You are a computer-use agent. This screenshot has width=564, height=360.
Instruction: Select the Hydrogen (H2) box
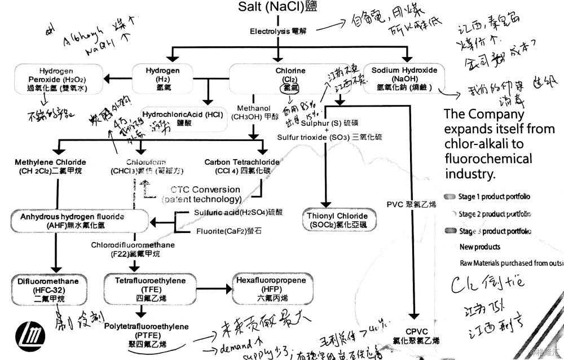coord(163,80)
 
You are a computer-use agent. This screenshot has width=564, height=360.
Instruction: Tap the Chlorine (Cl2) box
coord(290,80)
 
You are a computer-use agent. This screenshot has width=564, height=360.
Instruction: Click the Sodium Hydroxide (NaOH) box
coord(405,80)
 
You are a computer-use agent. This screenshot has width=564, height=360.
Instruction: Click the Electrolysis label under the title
coord(277,31)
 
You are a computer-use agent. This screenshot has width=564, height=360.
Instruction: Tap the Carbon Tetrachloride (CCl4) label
coord(240,166)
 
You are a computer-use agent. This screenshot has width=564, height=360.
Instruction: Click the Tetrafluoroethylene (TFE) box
coord(139,289)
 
